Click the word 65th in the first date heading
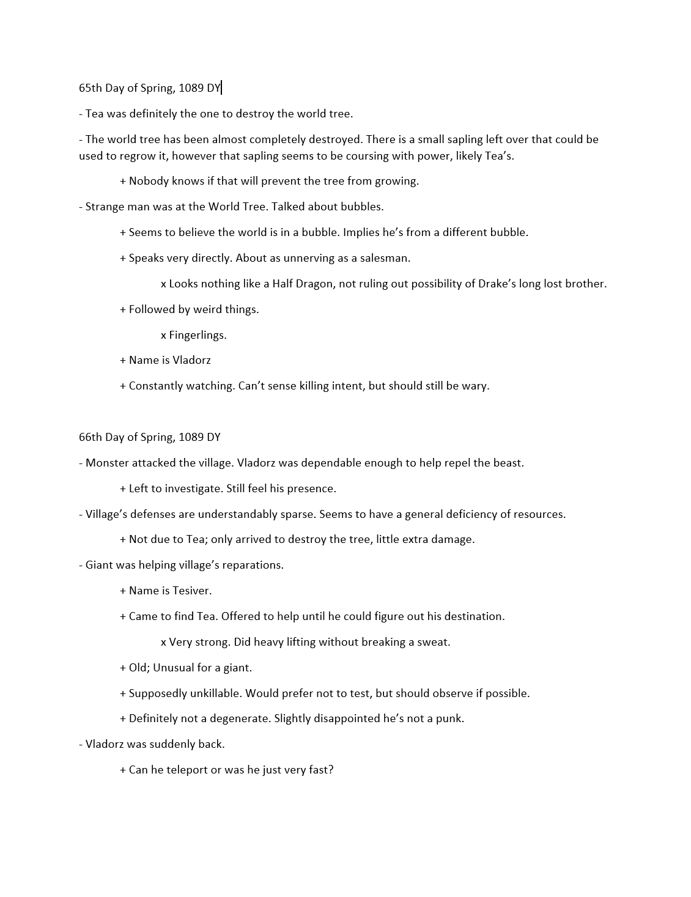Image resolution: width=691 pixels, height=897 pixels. pos(91,88)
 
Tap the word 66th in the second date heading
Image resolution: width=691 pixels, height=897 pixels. pos(91,437)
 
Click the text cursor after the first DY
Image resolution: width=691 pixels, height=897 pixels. pos(221,88)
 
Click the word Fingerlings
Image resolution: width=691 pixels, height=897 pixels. pos(198,335)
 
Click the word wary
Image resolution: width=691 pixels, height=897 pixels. pos(475,386)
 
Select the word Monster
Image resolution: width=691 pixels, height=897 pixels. pos(107,463)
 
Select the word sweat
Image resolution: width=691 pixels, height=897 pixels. pos(435,642)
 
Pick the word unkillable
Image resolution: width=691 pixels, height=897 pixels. pos(211,693)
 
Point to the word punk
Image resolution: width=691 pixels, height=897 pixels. pos(449,718)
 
